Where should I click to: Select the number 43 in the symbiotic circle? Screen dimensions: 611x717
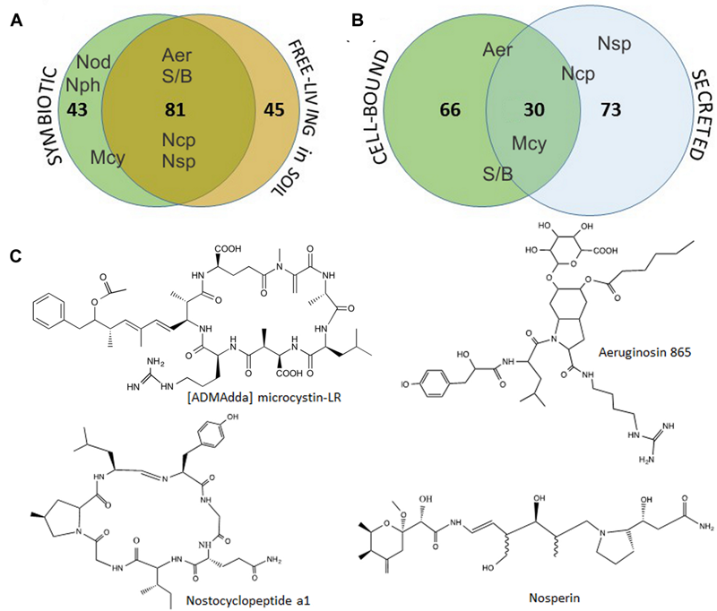point(78,111)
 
